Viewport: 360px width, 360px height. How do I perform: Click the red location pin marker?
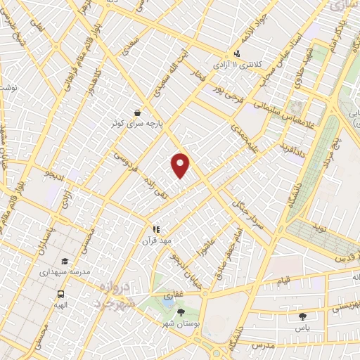click(x=181, y=165)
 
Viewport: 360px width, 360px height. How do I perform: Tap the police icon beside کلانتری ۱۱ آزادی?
click(x=238, y=53)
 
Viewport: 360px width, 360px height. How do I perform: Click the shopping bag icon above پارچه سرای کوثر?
click(x=139, y=112)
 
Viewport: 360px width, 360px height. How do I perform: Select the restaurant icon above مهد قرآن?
click(x=157, y=229)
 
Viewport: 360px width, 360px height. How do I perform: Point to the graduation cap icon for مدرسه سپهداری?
click(x=65, y=260)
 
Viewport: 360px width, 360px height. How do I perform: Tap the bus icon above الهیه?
click(x=61, y=295)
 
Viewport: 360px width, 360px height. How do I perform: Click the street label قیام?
click(x=283, y=281)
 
